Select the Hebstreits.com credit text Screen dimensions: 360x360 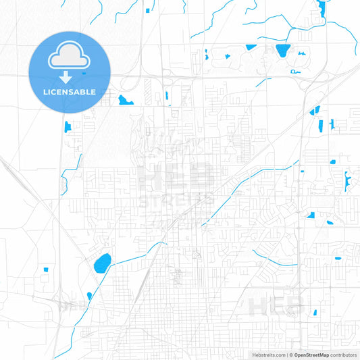(x=267, y=355)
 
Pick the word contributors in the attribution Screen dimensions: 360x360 (x=344, y=355)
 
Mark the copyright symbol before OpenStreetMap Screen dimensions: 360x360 (x=291, y=355)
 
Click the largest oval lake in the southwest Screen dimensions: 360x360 (x=103, y=262)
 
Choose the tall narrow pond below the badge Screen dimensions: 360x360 (x=67, y=126)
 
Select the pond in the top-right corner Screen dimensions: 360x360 (x=319, y=8)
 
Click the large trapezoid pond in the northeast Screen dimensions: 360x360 (x=282, y=50)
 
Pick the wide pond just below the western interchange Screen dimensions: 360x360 (x=126, y=101)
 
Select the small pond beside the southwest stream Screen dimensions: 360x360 (x=89, y=296)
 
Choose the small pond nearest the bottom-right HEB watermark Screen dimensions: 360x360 (x=314, y=312)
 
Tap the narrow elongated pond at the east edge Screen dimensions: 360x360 (x=347, y=180)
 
